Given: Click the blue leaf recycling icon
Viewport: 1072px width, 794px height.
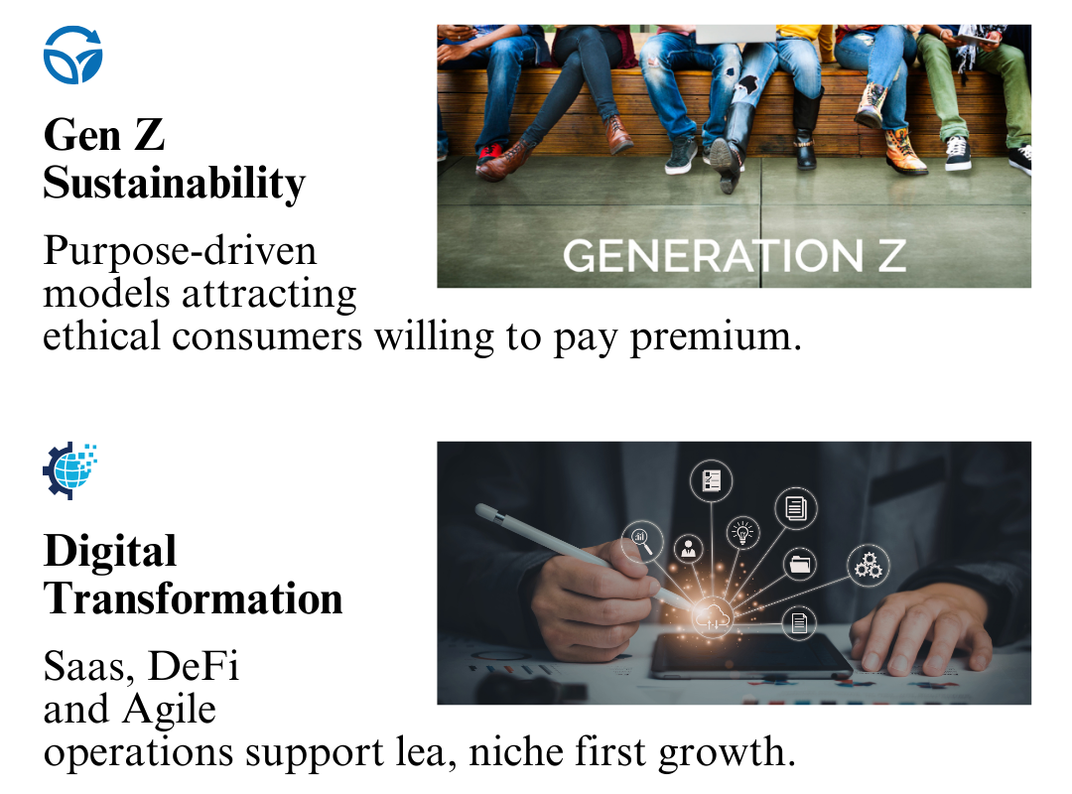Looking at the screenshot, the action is (72, 55).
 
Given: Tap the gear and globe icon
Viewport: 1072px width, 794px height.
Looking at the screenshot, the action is (69, 470).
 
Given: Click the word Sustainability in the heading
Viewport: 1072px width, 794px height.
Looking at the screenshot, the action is (175, 184).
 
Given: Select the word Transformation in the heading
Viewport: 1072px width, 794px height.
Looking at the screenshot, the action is (193, 598).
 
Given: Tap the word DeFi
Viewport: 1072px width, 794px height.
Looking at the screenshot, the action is (194, 665).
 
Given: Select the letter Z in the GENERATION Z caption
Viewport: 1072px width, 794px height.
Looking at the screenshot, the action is (892, 255).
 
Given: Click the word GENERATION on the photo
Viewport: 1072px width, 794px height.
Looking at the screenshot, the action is (713, 255).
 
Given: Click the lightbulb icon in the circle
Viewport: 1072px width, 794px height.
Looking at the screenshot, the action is (742, 532).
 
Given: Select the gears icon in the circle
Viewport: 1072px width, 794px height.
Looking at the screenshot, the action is (869, 566).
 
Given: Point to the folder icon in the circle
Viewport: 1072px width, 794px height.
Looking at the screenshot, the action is (800, 564).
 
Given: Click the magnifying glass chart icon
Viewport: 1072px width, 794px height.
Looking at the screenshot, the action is (641, 540).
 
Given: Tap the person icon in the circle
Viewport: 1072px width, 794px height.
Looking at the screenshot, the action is (689, 549).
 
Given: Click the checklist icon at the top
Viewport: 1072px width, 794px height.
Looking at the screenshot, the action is (711, 480).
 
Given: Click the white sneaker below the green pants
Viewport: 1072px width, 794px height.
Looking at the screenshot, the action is (958, 154).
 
